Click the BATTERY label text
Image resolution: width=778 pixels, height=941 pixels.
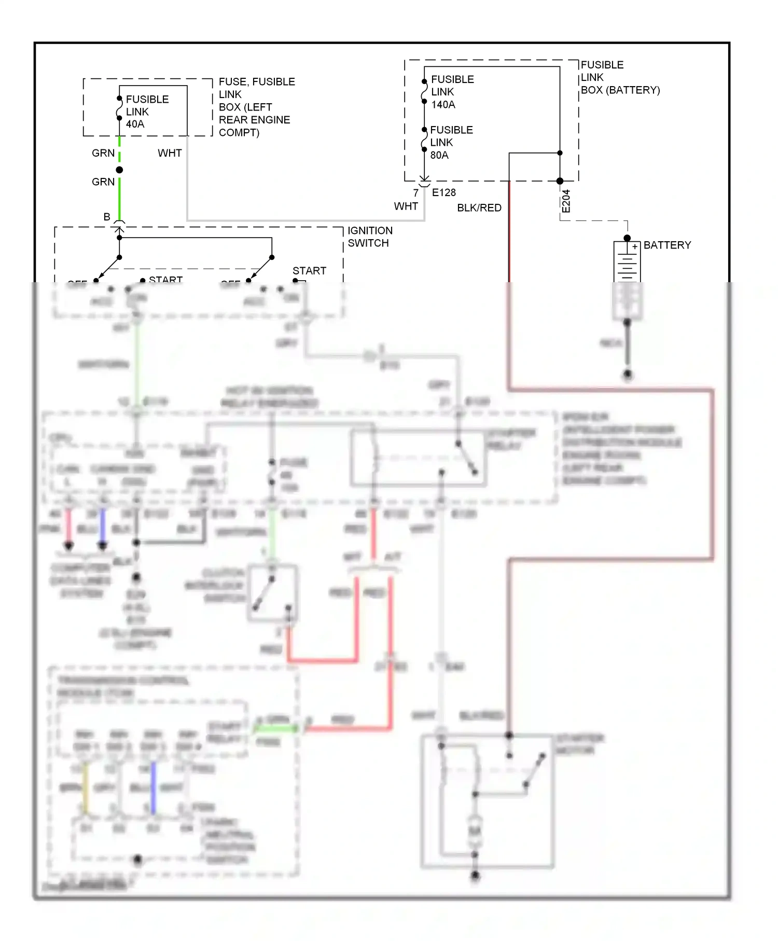pyautogui.click(x=667, y=245)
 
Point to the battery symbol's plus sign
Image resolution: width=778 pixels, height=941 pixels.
pyautogui.click(x=634, y=247)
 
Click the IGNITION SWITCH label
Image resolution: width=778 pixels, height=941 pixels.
pyautogui.click(x=370, y=237)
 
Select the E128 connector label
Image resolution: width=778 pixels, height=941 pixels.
pyautogui.click(x=443, y=192)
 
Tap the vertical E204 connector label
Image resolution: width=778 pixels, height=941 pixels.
pyautogui.click(x=566, y=201)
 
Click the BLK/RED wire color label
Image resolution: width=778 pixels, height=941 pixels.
pyautogui.click(x=479, y=207)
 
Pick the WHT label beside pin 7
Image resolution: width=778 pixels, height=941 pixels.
pyautogui.click(x=406, y=206)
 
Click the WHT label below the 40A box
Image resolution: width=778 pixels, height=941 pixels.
pyautogui.click(x=170, y=153)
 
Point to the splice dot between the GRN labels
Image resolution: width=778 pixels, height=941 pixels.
pyautogui.click(x=119, y=170)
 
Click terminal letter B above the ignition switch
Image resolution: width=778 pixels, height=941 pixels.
pyautogui.click(x=107, y=217)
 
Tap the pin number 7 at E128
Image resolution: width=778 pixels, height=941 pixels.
pyautogui.click(x=415, y=193)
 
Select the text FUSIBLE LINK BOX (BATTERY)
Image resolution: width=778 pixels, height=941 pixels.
pyautogui.click(x=619, y=77)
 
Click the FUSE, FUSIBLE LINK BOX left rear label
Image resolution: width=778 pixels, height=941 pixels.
pyautogui.click(x=256, y=107)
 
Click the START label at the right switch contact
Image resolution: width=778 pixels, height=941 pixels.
pyautogui.click(x=309, y=271)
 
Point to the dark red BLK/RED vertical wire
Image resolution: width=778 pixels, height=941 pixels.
pyautogui.click(x=509, y=233)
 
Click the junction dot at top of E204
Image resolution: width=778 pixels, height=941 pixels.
pyautogui.click(x=560, y=181)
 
